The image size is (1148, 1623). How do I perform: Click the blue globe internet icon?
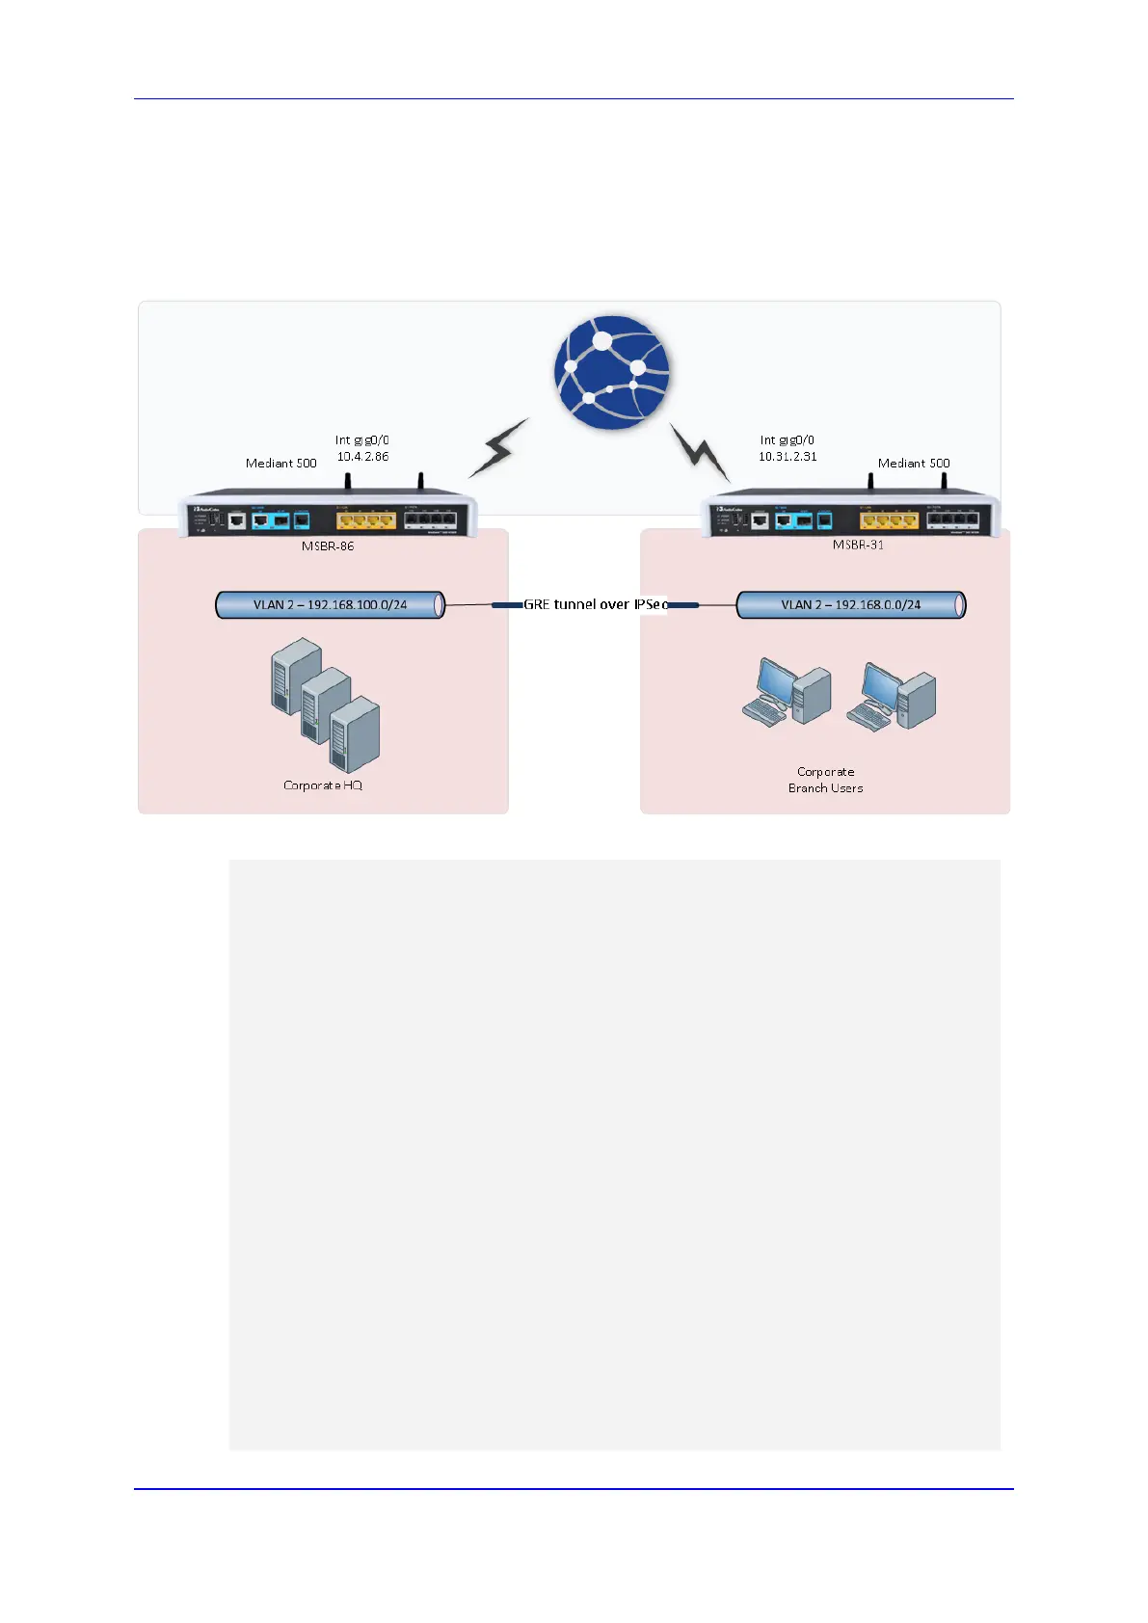click(x=611, y=373)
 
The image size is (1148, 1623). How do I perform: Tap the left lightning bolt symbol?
click(x=499, y=447)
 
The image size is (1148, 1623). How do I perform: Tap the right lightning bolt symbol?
click(x=701, y=451)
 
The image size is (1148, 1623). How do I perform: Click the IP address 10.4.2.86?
click(x=362, y=457)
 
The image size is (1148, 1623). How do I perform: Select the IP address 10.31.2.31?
click(x=787, y=457)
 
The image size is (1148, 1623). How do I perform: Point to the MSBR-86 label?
click(x=328, y=546)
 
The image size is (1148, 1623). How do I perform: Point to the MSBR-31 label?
click(x=858, y=545)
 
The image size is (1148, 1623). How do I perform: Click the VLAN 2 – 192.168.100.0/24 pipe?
click(x=330, y=605)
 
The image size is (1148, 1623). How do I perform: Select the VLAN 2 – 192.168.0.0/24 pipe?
click(x=850, y=605)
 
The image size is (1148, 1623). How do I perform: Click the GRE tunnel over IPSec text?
click(x=595, y=604)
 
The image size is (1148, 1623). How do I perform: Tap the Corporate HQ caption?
click(x=323, y=785)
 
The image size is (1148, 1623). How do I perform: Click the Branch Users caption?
click(x=825, y=788)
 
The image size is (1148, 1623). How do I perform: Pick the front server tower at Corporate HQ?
click(x=355, y=734)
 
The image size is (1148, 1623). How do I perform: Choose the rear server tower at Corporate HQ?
click(x=295, y=676)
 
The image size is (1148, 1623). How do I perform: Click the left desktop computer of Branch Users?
click(x=786, y=692)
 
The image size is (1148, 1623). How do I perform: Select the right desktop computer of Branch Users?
click(x=892, y=696)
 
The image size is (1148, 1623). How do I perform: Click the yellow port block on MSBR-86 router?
click(x=365, y=520)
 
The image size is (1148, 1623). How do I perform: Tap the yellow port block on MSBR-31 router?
click(x=889, y=521)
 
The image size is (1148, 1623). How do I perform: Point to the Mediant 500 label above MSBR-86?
click(x=280, y=464)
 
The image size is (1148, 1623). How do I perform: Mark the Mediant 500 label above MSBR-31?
click(x=914, y=464)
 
